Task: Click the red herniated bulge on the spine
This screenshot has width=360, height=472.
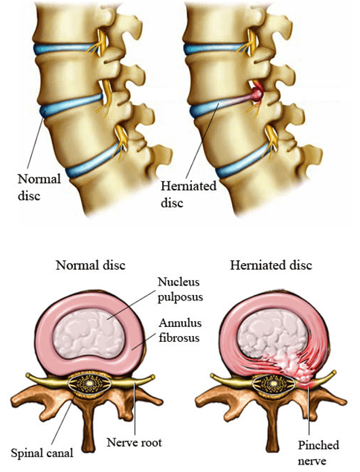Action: tap(257, 94)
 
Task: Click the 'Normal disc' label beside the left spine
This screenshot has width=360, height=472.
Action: tap(39, 187)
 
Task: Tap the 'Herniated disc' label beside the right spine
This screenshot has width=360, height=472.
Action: tap(188, 194)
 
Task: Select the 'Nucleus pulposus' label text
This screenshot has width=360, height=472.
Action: tap(180, 289)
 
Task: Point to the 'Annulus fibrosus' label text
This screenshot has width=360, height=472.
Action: tap(180, 330)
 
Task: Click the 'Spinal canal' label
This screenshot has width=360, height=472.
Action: tap(42, 453)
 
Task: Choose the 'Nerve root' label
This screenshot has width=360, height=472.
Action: tap(135, 442)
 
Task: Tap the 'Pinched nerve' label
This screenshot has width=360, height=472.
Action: tap(318, 453)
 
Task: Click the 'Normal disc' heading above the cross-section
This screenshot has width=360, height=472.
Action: tap(91, 265)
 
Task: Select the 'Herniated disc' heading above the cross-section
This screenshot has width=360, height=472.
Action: tap(271, 265)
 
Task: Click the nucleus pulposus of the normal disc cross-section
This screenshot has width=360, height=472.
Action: tap(87, 334)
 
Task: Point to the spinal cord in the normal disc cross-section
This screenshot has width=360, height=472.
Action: tap(89, 384)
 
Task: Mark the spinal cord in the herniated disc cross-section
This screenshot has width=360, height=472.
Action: tap(273, 384)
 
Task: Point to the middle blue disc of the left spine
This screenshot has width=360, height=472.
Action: tap(71, 106)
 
